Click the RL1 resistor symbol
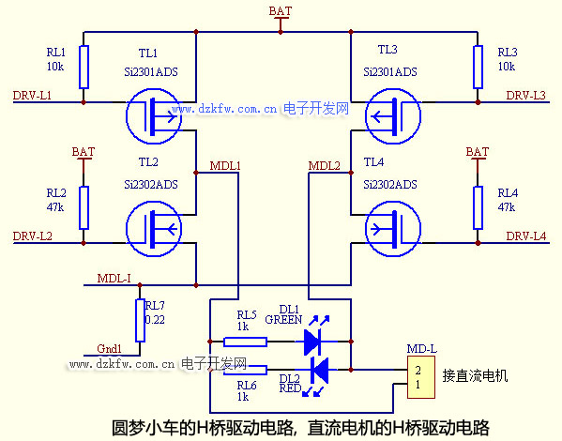[x=84, y=67]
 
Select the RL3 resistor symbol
[x=478, y=67]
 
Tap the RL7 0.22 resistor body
[x=140, y=320]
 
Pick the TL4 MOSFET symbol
[x=393, y=229]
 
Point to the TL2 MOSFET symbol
[x=154, y=229]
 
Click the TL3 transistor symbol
[x=393, y=116]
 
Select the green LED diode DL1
[x=311, y=342]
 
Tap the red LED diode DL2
[x=319, y=370]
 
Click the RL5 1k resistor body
[x=245, y=342]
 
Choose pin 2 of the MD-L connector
[x=418, y=370]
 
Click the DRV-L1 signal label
[x=32, y=96]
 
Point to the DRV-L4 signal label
[x=525, y=236]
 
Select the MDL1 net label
[x=225, y=166]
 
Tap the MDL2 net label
[x=324, y=166]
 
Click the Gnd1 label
[x=110, y=348]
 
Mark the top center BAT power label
[x=281, y=11]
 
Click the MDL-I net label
[x=114, y=279]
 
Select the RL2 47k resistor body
[x=84, y=208]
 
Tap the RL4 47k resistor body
[x=478, y=208]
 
